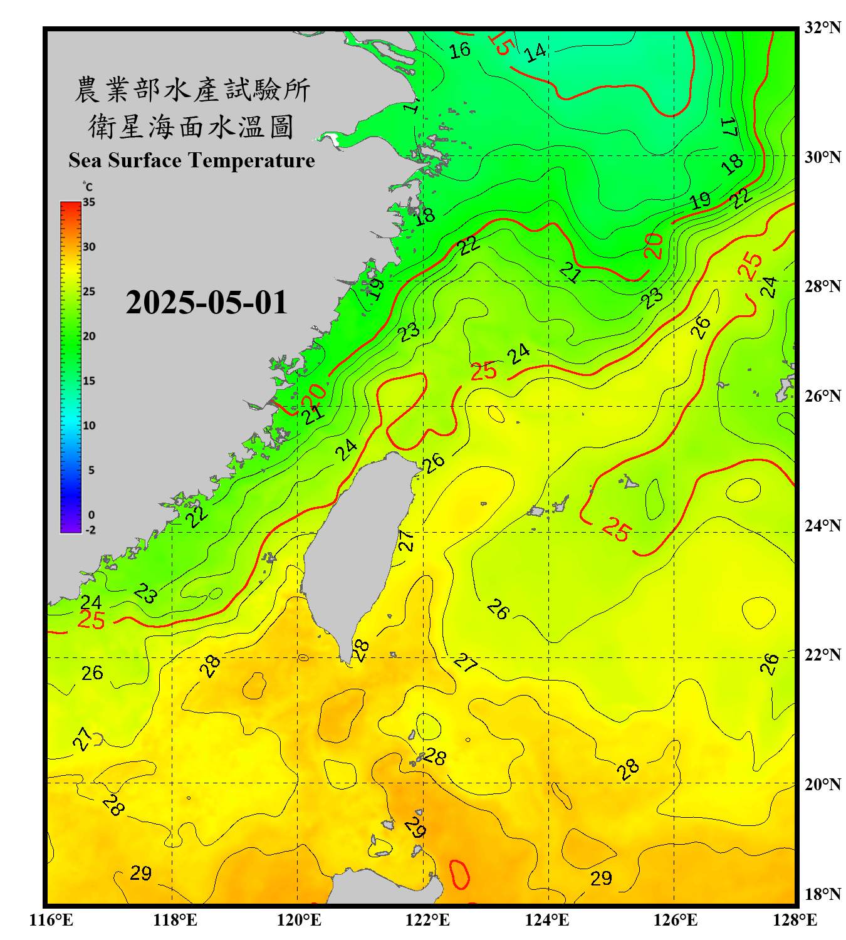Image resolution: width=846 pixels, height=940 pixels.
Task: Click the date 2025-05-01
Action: (x=206, y=303)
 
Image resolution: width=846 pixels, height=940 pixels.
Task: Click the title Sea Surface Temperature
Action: (x=192, y=160)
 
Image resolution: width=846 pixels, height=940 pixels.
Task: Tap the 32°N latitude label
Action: (x=822, y=28)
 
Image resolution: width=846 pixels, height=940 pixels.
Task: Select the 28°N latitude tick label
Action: (x=822, y=286)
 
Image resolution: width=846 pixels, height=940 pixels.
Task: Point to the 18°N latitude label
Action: (x=822, y=894)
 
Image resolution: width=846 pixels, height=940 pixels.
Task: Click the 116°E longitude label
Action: (x=51, y=920)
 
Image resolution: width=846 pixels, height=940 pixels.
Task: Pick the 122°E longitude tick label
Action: (x=427, y=920)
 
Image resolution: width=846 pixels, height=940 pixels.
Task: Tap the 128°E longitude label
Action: (x=795, y=920)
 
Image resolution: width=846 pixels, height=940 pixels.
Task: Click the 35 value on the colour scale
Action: (x=89, y=202)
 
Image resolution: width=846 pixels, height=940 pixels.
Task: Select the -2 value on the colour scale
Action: (x=90, y=530)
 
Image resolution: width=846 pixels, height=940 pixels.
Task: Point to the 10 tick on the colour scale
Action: (x=89, y=426)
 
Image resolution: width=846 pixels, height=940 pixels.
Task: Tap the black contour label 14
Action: (x=536, y=53)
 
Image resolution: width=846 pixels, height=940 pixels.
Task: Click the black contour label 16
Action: (x=459, y=50)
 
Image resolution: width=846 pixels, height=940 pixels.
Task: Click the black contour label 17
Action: (x=729, y=127)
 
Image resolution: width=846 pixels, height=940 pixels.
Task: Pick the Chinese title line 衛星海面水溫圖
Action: (x=191, y=127)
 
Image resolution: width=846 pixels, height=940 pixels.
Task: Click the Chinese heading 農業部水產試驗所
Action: (x=192, y=90)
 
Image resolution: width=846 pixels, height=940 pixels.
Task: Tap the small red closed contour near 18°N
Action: (x=459, y=874)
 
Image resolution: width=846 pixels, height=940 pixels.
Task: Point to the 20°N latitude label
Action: (x=822, y=784)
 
